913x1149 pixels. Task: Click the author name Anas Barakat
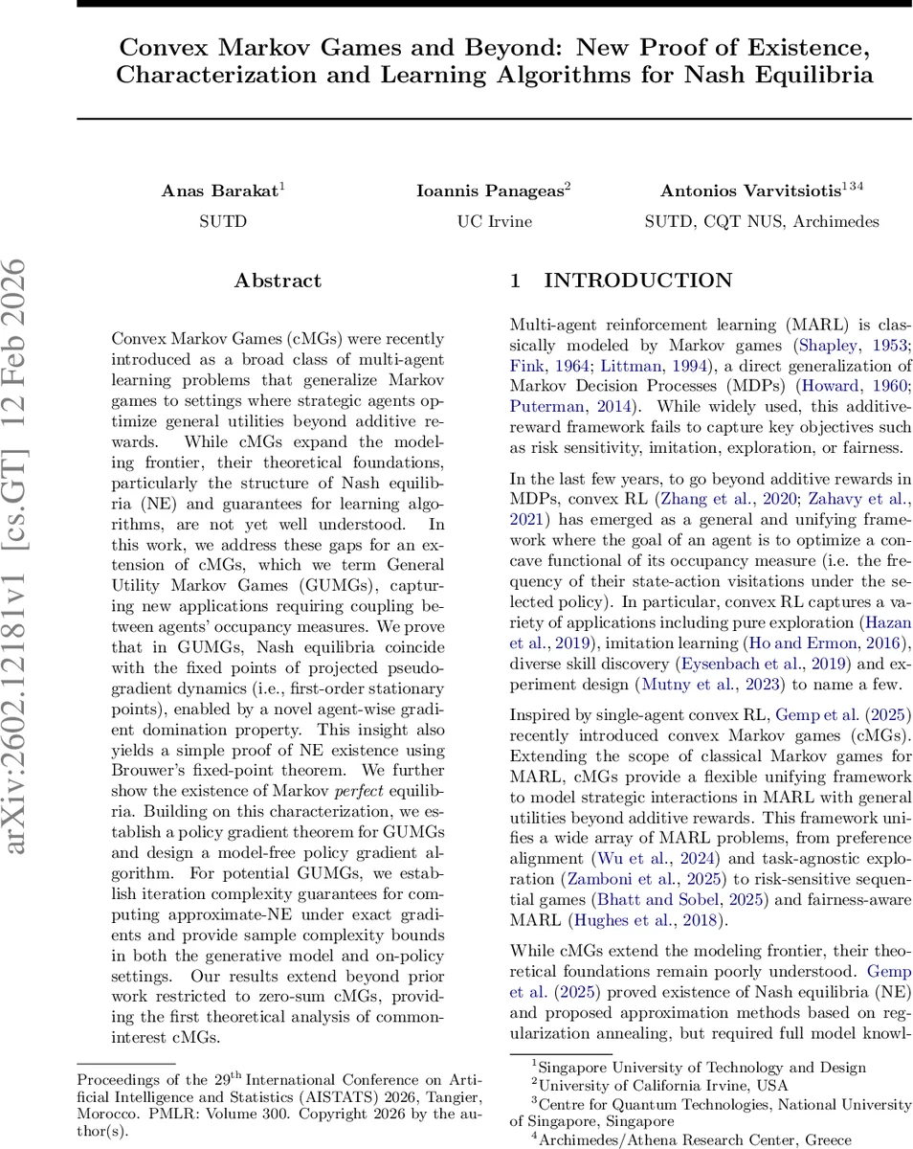218,191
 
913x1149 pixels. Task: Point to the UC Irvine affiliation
494,221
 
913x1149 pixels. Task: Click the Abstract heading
278,281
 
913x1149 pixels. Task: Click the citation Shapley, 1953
837,344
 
